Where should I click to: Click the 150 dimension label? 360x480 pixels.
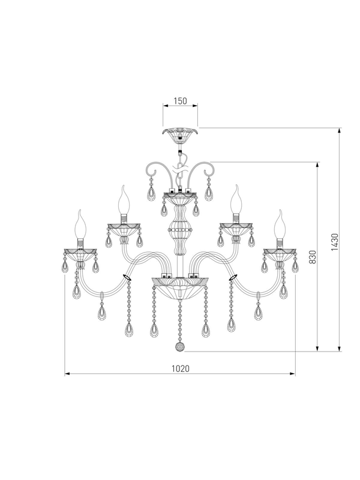click(180, 101)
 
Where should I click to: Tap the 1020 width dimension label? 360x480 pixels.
click(181, 368)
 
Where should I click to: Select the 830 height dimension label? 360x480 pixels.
click(312, 257)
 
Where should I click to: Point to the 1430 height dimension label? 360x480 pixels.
click(334, 242)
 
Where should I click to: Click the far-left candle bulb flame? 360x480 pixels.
click(80, 224)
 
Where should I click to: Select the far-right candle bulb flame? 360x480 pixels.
click(280, 224)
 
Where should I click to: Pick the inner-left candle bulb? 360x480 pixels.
click(123, 200)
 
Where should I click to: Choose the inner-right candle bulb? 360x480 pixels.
click(236, 200)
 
